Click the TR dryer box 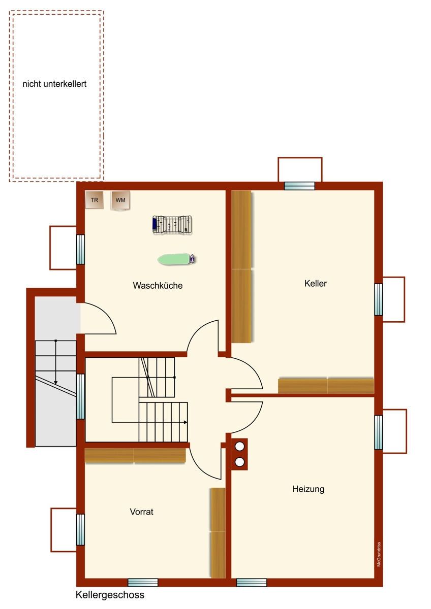click(x=94, y=200)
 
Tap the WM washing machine click(x=120, y=200)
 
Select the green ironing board click(x=177, y=259)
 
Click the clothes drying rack click(x=172, y=224)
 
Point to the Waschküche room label click(x=158, y=285)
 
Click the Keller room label click(x=315, y=283)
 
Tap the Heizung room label click(x=308, y=489)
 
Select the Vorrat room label click(x=142, y=512)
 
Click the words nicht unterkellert click(x=54, y=84)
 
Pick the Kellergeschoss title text click(x=110, y=595)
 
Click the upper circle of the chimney click(x=239, y=446)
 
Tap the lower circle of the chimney click(x=239, y=462)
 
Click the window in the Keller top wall click(x=299, y=186)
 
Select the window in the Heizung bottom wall click(x=252, y=583)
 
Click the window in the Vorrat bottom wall click(x=143, y=583)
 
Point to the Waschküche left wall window click(x=80, y=249)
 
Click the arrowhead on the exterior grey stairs click(x=55, y=383)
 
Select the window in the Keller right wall click(x=379, y=299)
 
